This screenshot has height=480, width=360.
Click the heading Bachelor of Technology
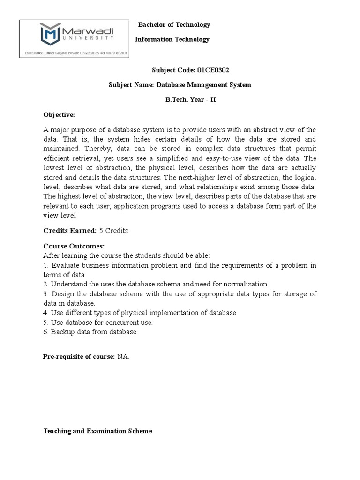click(x=173, y=25)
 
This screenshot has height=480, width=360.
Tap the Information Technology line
click(x=172, y=39)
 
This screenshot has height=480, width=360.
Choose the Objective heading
click(x=59, y=115)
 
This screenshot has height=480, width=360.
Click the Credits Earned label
click(x=70, y=231)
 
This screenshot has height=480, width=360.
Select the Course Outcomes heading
click(x=74, y=246)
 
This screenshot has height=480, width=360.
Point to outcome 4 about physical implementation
click(x=140, y=312)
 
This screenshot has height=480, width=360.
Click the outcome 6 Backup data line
click(x=90, y=332)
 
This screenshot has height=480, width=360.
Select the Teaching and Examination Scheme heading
click(x=97, y=431)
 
